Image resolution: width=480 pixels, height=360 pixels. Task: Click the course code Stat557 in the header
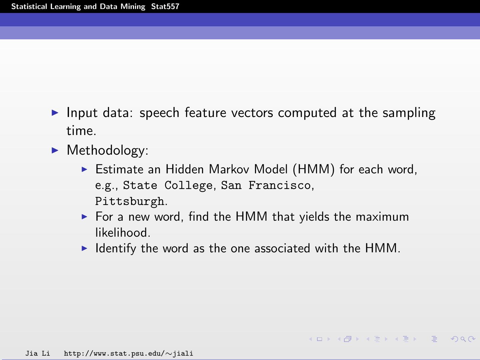[x=165, y=7]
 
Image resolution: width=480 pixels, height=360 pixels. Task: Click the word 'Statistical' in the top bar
[x=29, y=7]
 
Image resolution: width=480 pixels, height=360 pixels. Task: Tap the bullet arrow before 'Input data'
[x=55, y=113]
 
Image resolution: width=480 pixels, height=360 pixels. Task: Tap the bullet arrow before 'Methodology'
[x=55, y=150]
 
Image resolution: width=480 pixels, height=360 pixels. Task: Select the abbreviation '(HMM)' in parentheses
[x=313, y=169]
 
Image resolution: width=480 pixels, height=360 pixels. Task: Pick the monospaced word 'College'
[x=188, y=185]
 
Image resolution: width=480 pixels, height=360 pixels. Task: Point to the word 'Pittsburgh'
[x=130, y=201]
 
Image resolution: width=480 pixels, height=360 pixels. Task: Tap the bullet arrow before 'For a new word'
[x=84, y=217]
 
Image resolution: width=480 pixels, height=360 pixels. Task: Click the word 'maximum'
[x=382, y=217]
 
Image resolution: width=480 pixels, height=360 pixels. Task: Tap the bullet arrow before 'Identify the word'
[x=84, y=248]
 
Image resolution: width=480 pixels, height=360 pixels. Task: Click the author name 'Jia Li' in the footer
[x=37, y=353]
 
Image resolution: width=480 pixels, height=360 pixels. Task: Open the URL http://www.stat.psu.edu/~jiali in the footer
[x=128, y=353]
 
